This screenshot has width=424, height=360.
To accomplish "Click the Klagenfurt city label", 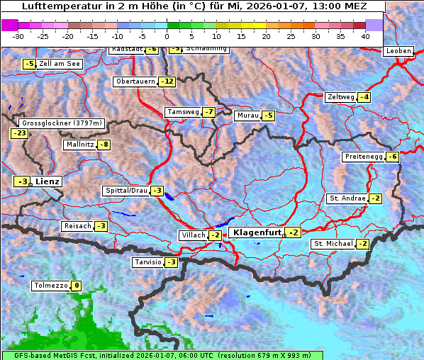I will click(x=255, y=232).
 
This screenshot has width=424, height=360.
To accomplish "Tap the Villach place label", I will click(x=192, y=235).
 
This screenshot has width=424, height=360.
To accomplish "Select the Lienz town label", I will click(x=48, y=181).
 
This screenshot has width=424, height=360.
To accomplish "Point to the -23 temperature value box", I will click(x=19, y=133).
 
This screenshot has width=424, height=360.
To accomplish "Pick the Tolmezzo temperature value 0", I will click(x=76, y=286).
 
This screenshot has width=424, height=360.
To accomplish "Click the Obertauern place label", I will click(x=135, y=81).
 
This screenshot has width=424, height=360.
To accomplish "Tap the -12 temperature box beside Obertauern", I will click(x=167, y=81).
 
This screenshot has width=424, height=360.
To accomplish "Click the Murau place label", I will click(x=247, y=116).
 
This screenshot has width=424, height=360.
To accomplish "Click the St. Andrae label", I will click(x=347, y=198).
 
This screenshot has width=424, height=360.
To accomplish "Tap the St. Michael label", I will click(x=333, y=244).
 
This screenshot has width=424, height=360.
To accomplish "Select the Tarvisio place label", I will click(x=147, y=262).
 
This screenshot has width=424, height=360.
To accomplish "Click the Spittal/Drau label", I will click(x=126, y=191).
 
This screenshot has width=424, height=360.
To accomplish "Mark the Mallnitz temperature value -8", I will click(x=104, y=145).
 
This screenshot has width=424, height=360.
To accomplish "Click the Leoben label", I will click(x=398, y=51).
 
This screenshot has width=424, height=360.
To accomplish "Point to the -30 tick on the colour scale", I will click(x=18, y=35).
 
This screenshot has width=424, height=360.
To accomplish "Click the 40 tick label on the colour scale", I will click(x=365, y=35).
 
